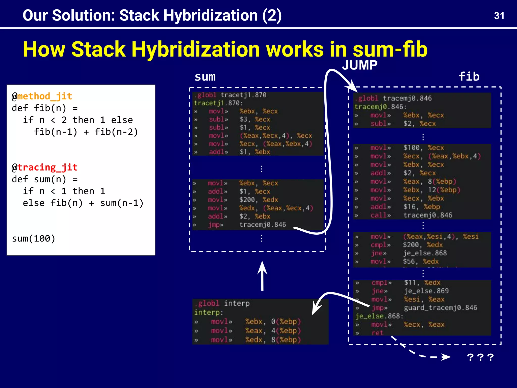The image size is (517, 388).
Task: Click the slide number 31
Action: tap(499, 16)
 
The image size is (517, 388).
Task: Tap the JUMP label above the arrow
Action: tap(360, 65)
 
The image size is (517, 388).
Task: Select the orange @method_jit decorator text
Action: tap(42, 96)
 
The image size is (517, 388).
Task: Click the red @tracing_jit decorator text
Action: tap(45, 167)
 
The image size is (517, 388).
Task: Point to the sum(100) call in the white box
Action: tap(34, 238)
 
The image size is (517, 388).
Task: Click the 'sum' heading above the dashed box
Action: tap(205, 77)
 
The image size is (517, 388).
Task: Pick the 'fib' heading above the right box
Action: tap(469, 77)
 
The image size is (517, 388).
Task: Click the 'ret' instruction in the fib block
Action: tap(377, 333)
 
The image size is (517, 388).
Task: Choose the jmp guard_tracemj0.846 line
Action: tap(424, 308)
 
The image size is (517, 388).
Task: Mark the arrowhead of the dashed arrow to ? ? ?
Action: tap(446, 357)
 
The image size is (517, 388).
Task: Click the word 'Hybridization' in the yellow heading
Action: tap(195, 49)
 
